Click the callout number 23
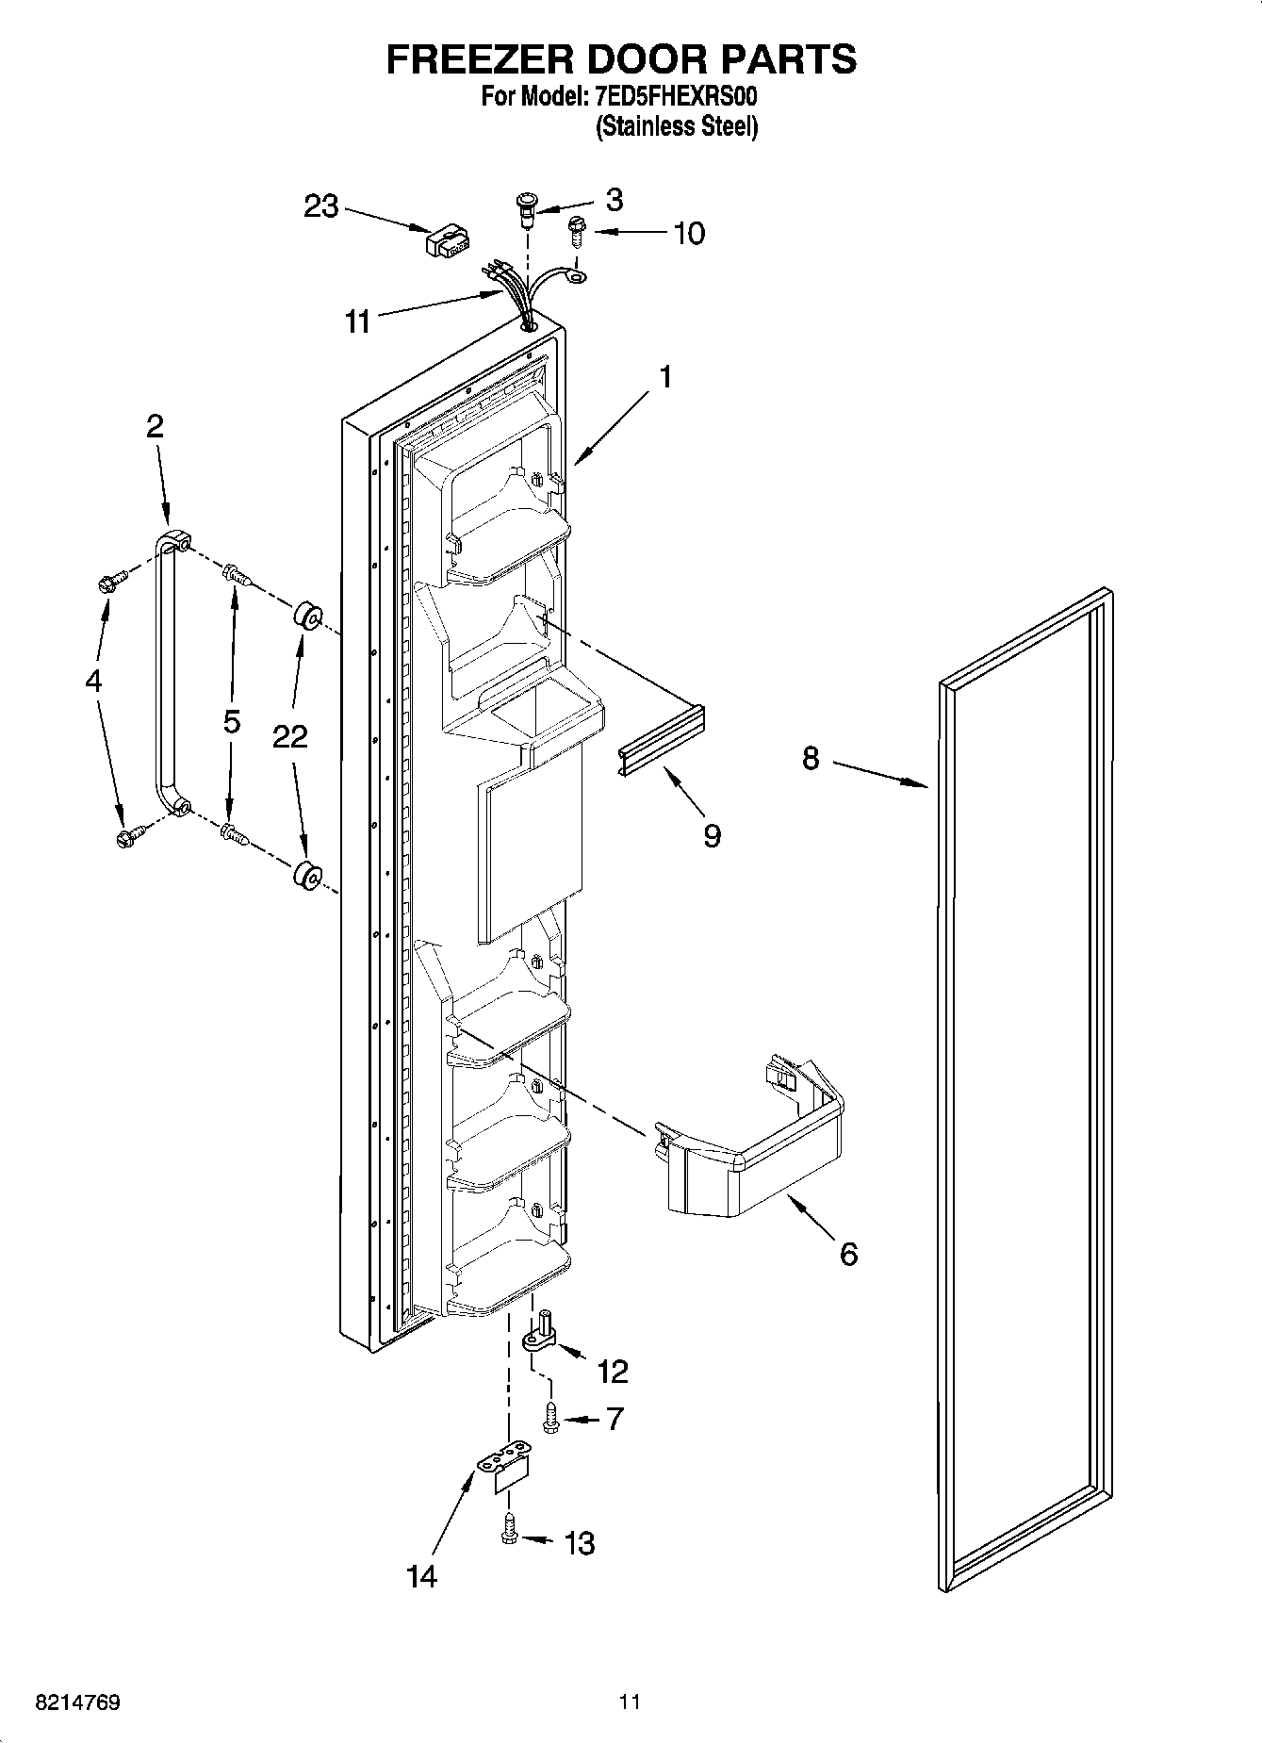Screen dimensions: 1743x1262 click(320, 206)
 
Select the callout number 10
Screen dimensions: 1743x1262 click(689, 233)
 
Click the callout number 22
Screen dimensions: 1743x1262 click(290, 735)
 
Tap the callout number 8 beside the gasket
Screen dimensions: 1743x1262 click(811, 758)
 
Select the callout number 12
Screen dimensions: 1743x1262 click(613, 1371)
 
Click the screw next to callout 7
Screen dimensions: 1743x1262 click(551, 1420)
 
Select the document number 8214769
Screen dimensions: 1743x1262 click(77, 1702)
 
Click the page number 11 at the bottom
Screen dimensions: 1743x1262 click(630, 1702)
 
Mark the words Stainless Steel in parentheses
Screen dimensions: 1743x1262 click(676, 126)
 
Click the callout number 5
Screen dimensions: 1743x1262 click(232, 722)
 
